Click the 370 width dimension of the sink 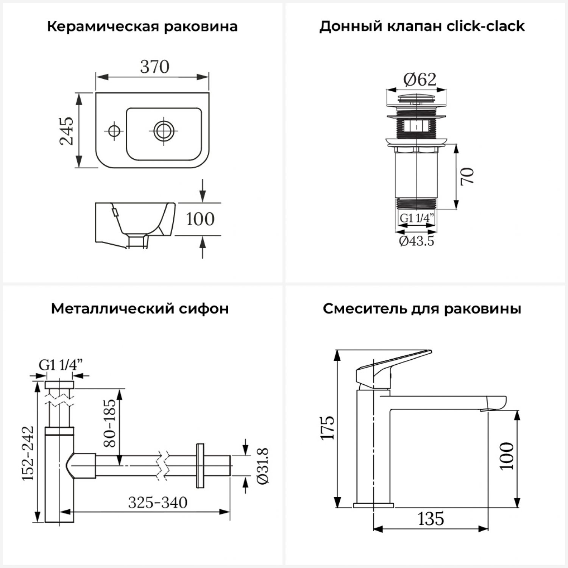pos(154,67)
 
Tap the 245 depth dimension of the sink pos(67,131)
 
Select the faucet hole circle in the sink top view pos(113,131)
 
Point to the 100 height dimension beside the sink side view pos(200,219)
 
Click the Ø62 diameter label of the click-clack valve pos(420,80)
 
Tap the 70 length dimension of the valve pos(468,176)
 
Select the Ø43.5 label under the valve pos(417,241)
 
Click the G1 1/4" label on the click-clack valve pos(417,218)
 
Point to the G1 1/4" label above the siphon pos(61,365)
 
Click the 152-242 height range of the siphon pos(28,453)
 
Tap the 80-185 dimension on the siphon pos(109,423)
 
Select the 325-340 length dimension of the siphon pos(158,502)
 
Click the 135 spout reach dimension pos(431,518)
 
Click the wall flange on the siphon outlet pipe pos(200,465)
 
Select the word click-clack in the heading pos(485,26)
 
